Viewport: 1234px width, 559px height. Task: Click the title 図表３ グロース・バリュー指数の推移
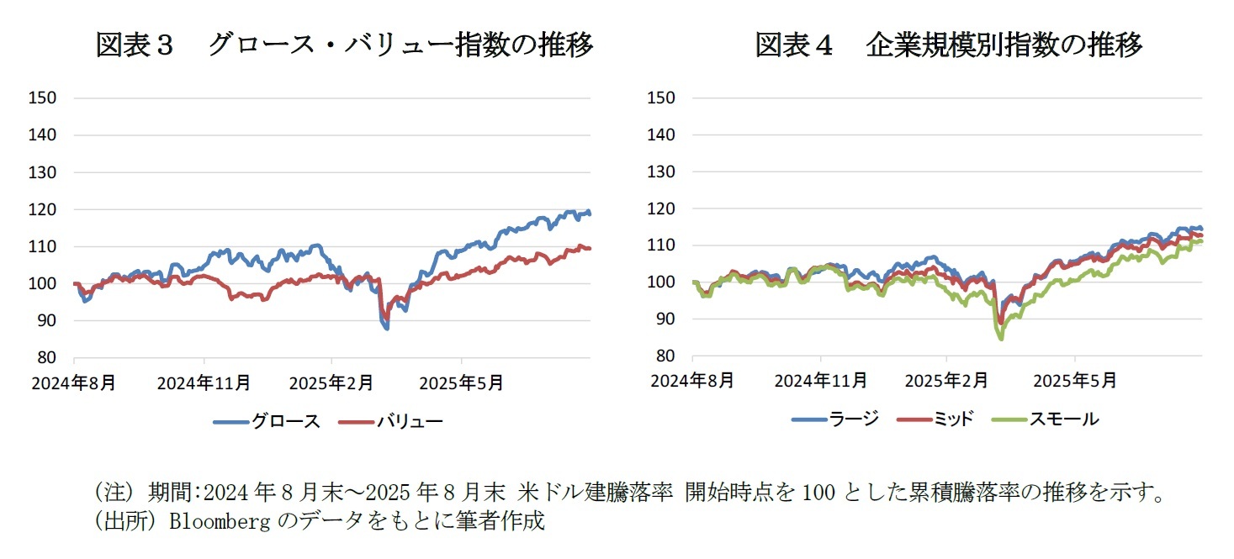344,45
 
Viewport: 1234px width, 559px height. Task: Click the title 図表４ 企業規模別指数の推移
948,45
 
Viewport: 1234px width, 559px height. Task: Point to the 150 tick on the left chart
42,98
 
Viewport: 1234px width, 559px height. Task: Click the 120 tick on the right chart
662,208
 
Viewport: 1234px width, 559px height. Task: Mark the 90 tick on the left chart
46,320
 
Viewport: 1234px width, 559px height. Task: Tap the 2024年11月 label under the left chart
204,383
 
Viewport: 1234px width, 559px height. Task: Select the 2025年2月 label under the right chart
946,381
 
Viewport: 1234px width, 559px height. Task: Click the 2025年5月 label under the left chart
461,383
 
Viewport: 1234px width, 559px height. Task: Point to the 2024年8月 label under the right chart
693,381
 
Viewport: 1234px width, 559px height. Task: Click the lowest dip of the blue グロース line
386,328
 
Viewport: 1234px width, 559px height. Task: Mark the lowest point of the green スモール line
1001,339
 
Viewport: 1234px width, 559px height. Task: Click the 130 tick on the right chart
662,171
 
